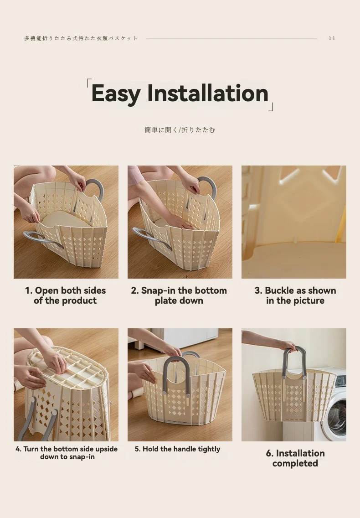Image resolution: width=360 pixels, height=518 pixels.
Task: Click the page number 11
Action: [x=332, y=38]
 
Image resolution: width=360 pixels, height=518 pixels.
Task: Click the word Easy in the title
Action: [x=116, y=93]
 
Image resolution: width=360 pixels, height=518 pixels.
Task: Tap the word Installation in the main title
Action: [x=207, y=93]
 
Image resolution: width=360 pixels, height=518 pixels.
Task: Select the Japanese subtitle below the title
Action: [x=180, y=130]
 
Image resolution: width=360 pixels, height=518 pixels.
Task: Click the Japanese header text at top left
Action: [x=81, y=38]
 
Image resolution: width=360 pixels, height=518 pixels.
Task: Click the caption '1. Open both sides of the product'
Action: [x=65, y=295]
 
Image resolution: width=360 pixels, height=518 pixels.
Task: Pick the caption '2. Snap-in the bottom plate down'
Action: [x=179, y=295]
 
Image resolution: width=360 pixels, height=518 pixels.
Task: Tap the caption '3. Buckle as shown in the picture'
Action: [x=295, y=295]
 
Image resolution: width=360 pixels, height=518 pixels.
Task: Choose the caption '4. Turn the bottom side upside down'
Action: [x=67, y=453]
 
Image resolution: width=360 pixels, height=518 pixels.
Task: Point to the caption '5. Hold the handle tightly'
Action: [x=177, y=449]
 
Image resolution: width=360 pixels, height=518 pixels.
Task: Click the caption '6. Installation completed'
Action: [x=295, y=458]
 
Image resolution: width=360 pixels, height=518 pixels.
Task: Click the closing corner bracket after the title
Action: [x=271, y=108]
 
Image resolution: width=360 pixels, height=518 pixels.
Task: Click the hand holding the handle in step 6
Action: [x=287, y=346]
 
